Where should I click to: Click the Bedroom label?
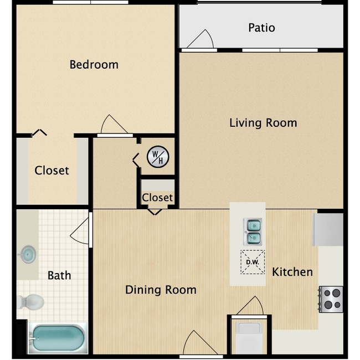(94, 64)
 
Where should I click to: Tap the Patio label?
(261, 28)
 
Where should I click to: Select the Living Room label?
(263, 122)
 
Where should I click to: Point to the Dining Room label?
(161, 289)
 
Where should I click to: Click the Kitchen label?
(292, 272)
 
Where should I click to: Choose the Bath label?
(59, 275)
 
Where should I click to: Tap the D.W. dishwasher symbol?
(252, 263)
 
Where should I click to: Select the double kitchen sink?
(253, 232)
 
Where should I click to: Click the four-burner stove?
(331, 299)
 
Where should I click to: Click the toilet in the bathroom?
(30, 302)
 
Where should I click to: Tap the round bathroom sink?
(27, 255)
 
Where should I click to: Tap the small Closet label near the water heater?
(157, 198)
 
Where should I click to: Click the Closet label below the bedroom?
(52, 171)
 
